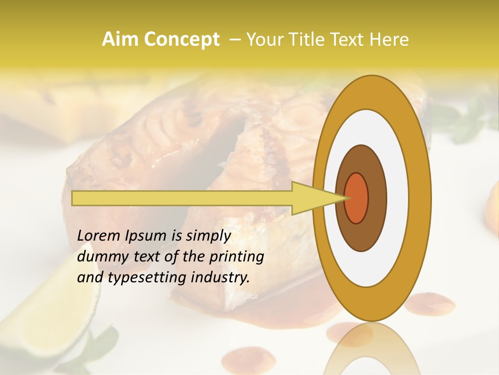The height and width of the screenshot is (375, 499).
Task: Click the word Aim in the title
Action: (118, 40)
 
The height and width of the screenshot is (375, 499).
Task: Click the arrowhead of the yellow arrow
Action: (312, 198)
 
